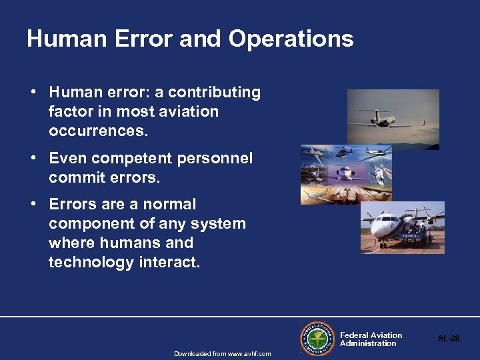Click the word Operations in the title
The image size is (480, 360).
tap(291, 39)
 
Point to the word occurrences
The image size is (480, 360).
tap(97, 131)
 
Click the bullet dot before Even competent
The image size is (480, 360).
tap(32, 159)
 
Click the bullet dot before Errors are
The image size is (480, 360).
tap(32, 205)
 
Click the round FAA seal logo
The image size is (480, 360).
tap(317, 338)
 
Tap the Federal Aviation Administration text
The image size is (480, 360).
tap(371, 339)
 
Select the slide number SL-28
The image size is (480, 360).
tap(448, 339)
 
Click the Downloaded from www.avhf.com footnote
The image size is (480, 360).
tap(222, 353)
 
